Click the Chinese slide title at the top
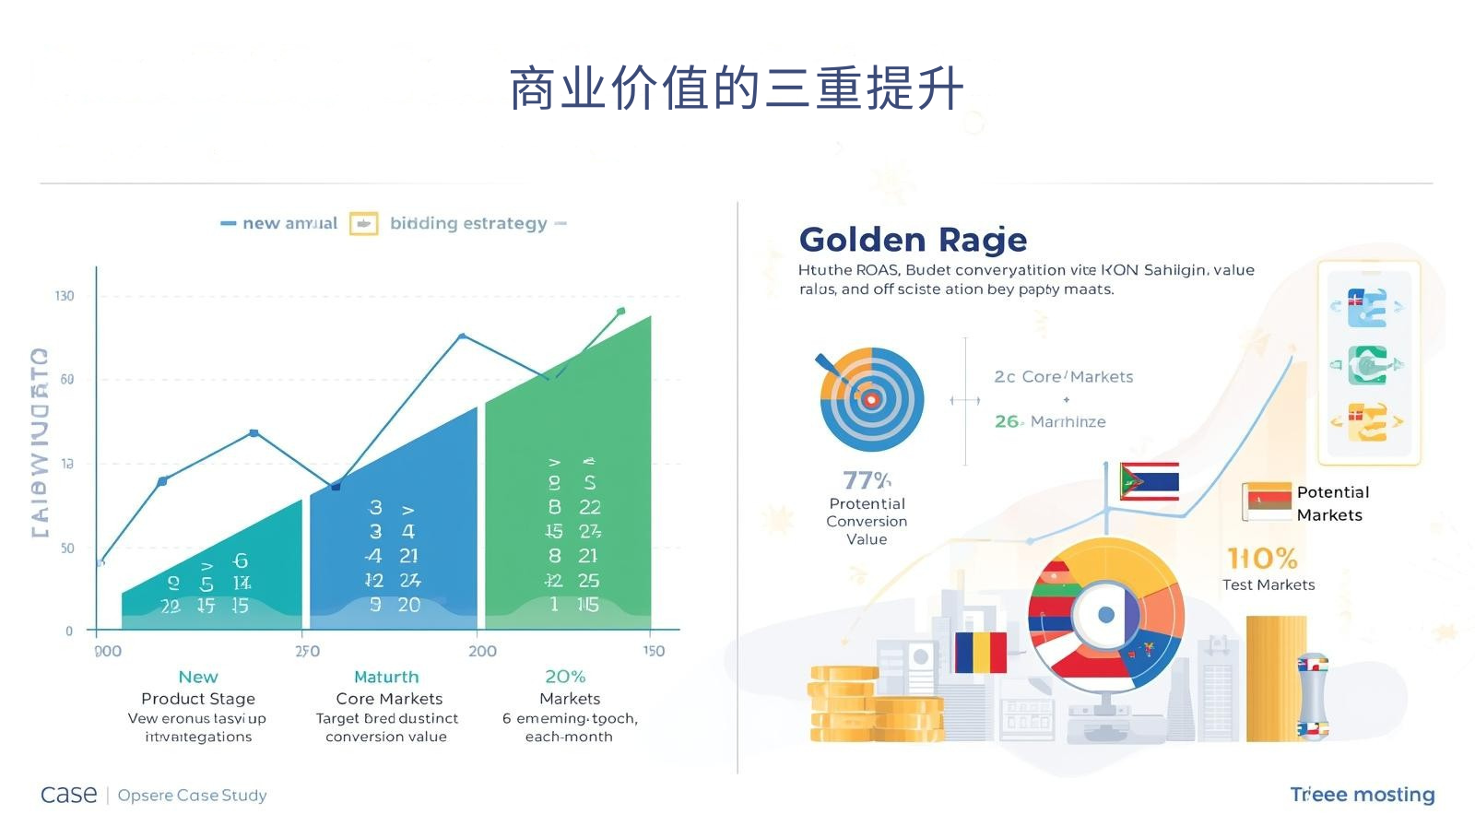tap(737, 89)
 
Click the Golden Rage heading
tap(913, 240)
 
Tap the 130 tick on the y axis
tap(65, 296)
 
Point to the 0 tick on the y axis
tap(69, 631)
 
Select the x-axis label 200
tap(482, 651)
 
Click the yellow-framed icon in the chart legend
tap(363, 223)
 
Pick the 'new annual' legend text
tap(289, 223)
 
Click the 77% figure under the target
tap(867, 480)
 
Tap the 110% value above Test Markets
tap(1262, 558)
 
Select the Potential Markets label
tap(1332, 503)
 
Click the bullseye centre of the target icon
tap(870, 399)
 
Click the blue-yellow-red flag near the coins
tap(980, 652)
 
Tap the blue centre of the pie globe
tap(1106, 615)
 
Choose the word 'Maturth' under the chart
tap(386, 677)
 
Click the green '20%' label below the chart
tap(565, 677)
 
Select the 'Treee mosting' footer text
tap(1362, 795)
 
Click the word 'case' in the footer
tap(69, 795)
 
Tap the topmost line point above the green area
tap(620, 312)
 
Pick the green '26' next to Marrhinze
tap(1007, 421)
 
